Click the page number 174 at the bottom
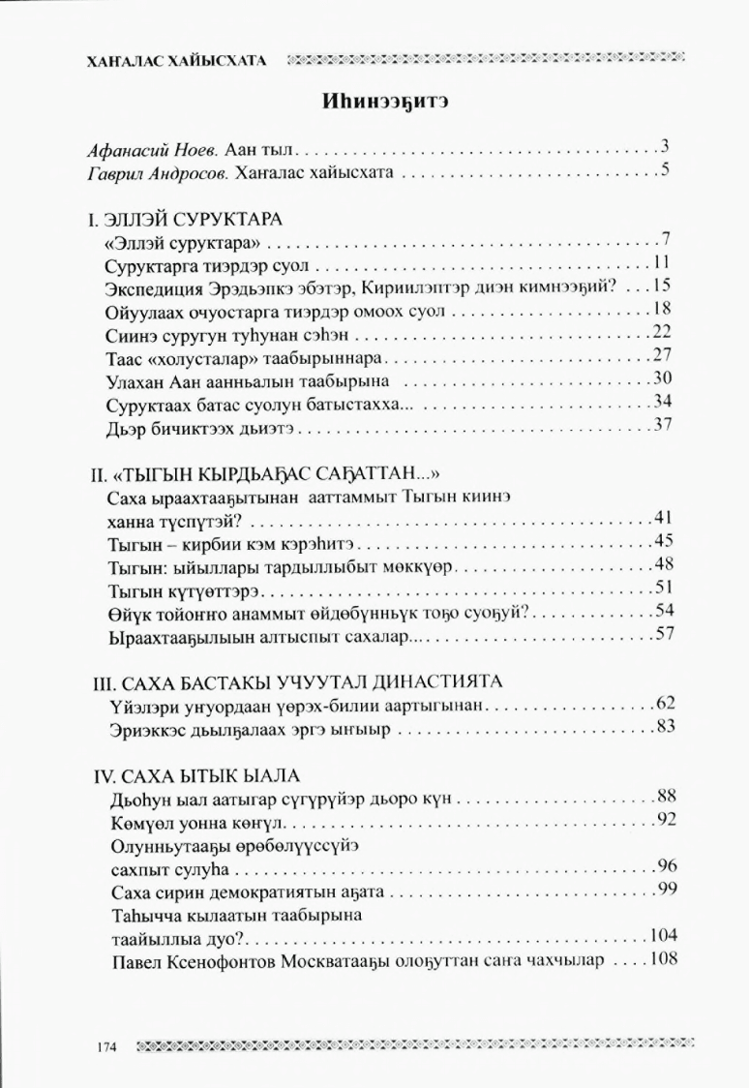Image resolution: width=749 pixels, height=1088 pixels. coord(106,1047)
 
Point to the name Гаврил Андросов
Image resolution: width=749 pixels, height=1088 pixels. coord(147,174)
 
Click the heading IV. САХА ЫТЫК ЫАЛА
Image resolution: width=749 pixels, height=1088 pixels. coord(200,774)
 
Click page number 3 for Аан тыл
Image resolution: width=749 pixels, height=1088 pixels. coord(666,149)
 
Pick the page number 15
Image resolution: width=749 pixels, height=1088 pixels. coord(662,287)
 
